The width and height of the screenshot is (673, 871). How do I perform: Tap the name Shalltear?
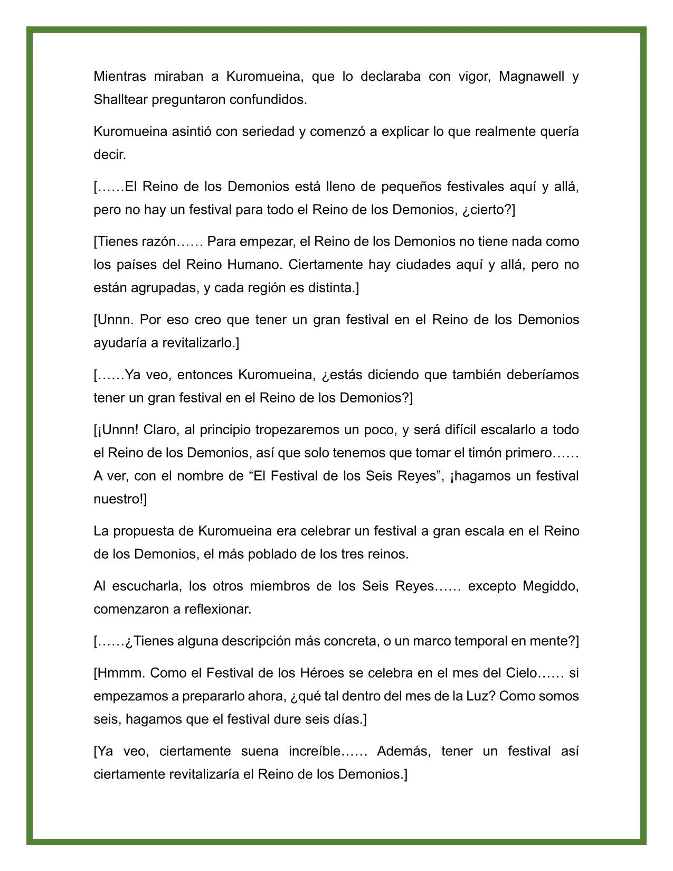(121, 100)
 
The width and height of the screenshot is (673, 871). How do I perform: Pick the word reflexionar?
(217, 610)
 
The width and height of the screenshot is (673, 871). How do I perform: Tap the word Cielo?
(521, 673)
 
